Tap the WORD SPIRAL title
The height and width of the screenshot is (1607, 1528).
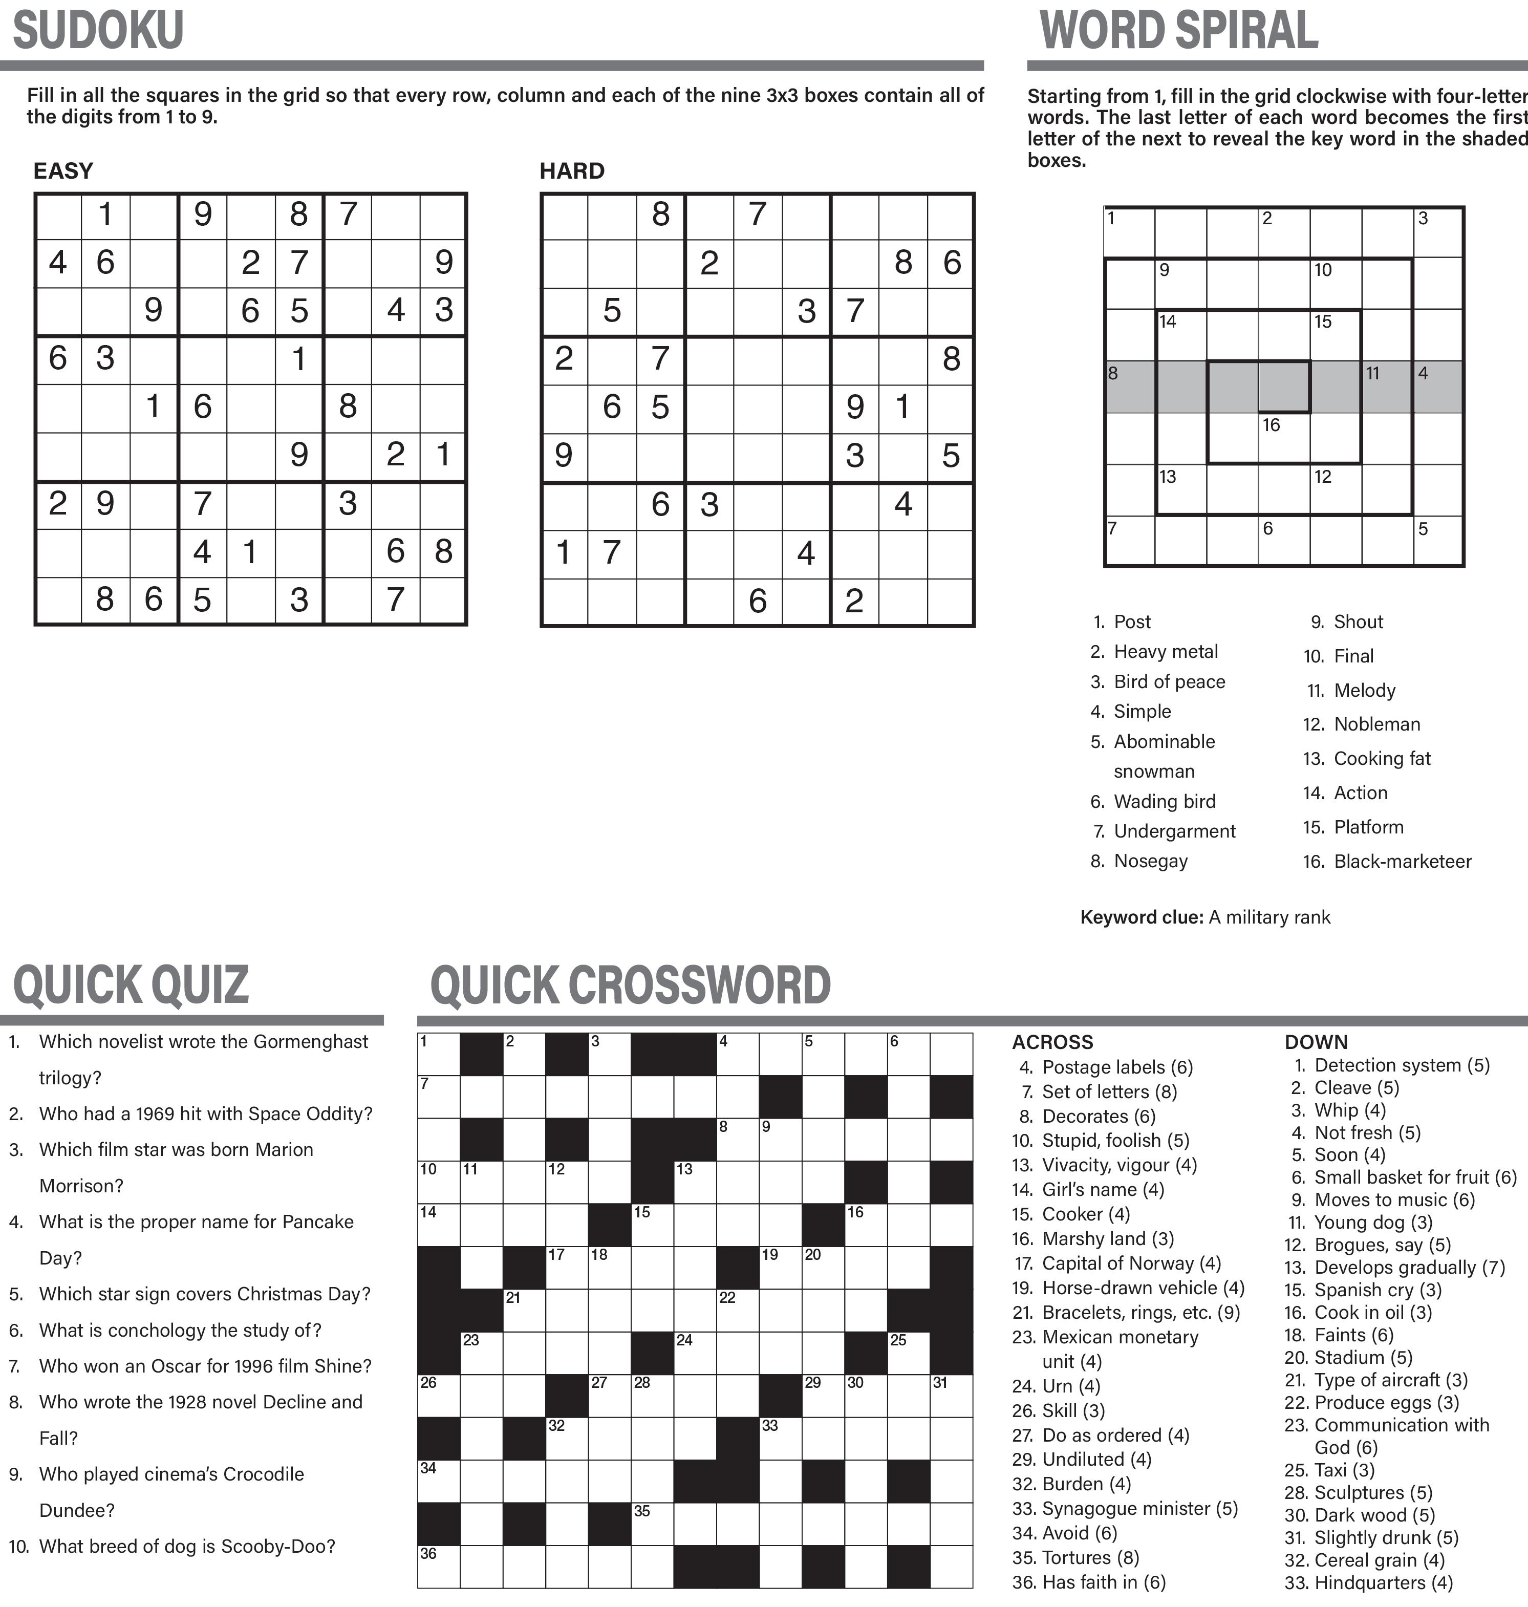click(x=1178, y=31)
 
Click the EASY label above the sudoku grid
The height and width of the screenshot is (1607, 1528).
click(x=63, y=171)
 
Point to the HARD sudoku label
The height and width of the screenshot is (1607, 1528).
click(x=572, y=171)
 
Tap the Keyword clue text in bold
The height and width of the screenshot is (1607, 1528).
click(x=1141, y=917)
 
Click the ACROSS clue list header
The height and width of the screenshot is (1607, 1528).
click(x=1052, y=1042)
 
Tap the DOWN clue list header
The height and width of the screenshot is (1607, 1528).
click(x=1316, y=1042)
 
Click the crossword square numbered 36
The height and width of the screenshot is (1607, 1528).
click(x=439, y=1566)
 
